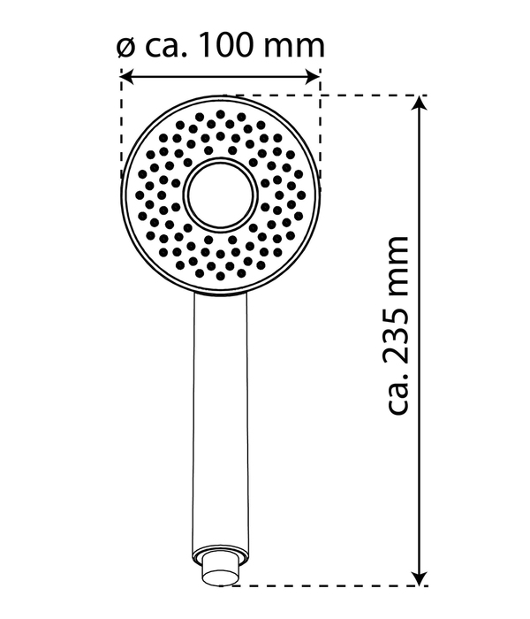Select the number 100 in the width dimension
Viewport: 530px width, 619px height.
coord(229,44)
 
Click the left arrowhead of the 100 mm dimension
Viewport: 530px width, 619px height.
coord(126,77)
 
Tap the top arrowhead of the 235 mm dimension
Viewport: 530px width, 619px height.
coord(421,103)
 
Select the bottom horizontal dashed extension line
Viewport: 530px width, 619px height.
coord(336,585)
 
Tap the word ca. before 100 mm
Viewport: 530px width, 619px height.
coord(164,46)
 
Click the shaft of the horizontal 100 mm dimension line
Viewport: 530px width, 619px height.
coord(220,77)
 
